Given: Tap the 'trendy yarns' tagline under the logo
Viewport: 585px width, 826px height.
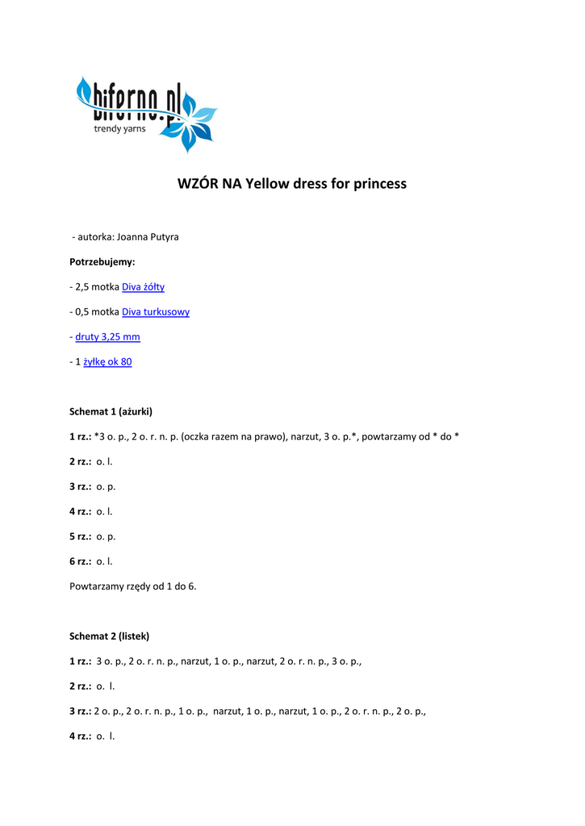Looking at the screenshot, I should tap(120, 129).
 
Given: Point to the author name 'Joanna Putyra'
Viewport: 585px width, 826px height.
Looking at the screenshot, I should tap(148, 237).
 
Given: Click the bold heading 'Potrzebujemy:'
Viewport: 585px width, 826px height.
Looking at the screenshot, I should tap(102, 262).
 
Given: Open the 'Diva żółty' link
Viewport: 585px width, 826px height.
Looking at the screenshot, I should tap(143, 287).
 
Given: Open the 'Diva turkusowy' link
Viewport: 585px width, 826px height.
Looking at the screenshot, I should tap(156, 312).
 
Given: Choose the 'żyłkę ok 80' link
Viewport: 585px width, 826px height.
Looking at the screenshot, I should tap(107, 362).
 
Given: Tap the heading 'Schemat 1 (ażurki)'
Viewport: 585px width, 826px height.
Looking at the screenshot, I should tap(111, 411).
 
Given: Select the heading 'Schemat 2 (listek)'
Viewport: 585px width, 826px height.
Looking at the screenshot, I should tap(110, 636).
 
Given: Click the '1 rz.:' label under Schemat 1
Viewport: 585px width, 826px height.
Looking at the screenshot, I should tap(81, 436).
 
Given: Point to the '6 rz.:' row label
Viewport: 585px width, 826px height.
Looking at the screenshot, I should tap(81, 561).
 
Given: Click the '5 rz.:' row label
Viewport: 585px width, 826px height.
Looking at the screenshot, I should tap(81, 536).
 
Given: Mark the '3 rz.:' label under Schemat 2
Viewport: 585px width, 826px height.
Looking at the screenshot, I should tap(81, 711).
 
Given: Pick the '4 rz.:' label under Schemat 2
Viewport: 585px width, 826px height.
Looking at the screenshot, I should tap(81, 736).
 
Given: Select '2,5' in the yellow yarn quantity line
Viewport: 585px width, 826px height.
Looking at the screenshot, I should tap(82, 287).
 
